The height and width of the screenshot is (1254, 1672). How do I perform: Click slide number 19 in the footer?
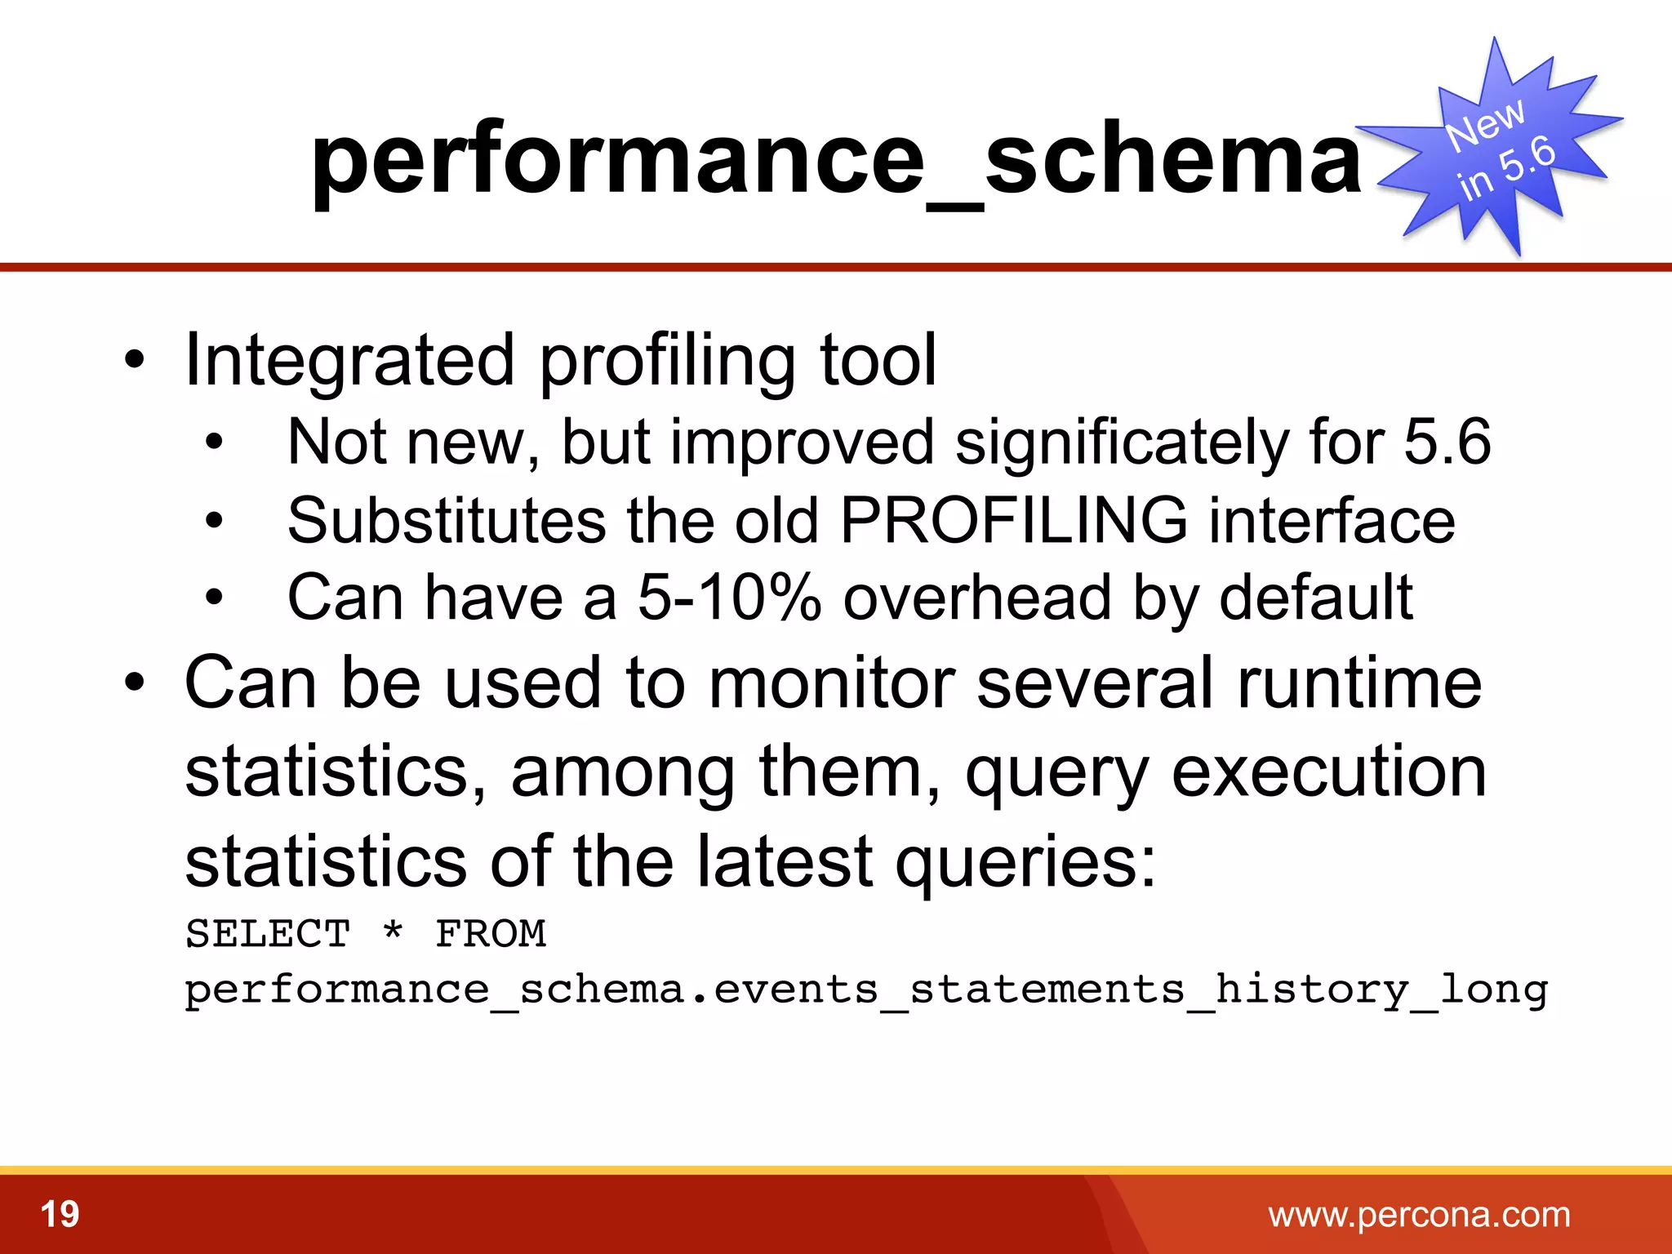(60, 1215)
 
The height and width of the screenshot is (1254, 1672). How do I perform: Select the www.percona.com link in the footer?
(1419, 1215)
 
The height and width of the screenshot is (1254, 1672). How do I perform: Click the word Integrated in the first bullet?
(349, 361)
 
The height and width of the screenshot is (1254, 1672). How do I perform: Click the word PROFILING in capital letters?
(1013, 521)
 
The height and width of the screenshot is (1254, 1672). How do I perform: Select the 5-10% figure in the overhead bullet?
(728, 598)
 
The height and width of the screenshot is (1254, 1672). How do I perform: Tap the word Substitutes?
(447, 521)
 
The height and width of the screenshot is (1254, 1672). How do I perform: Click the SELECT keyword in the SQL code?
(268, 934)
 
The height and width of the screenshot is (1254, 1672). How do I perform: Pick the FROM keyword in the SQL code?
(490, 934)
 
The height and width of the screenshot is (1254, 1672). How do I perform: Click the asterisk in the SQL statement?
(393, 931)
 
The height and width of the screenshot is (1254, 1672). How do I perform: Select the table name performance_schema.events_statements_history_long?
(865, 990)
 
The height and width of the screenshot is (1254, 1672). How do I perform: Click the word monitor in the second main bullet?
(831, 683)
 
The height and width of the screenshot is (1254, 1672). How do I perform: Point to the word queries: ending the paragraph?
(1025, 863)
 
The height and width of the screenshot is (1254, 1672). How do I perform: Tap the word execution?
(1328, 773)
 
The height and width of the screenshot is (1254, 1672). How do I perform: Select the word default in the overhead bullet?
(1316, 598)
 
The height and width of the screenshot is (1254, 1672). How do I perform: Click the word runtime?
(1359, 683)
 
